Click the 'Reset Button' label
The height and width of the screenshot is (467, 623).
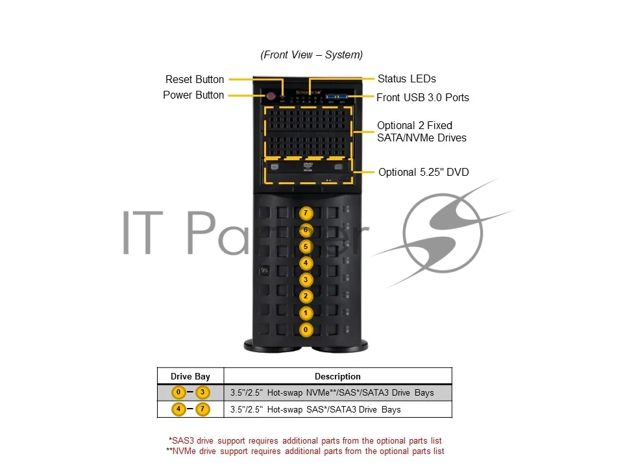tap(195, 79)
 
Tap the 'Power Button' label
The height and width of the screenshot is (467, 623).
tap(193, 95)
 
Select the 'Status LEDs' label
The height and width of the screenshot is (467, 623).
tap(407, 78)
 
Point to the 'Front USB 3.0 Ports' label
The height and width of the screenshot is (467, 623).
tap(422, 97)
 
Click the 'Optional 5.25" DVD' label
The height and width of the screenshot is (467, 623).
tap(424, 172)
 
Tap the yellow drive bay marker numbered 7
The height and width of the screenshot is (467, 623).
tap(306, 213)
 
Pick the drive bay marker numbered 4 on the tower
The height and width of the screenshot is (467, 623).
tap(306, 263)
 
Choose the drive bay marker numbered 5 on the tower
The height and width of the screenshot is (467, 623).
tap(306, 246)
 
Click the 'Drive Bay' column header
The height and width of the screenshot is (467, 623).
tap(190, 376)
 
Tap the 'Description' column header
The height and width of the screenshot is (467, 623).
tap(337, 376)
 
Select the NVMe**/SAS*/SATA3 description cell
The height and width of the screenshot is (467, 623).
tap(332, 392)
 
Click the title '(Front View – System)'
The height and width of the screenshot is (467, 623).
tap(311, 54)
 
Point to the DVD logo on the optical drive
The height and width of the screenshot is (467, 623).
tap(308, 166)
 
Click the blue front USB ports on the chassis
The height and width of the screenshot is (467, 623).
tap(337, 97)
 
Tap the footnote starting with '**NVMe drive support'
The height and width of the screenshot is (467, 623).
tap(305, 451)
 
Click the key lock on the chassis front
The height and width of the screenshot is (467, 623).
tap(264, 270)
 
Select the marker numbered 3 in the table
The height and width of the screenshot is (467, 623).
tap(202, 392)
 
